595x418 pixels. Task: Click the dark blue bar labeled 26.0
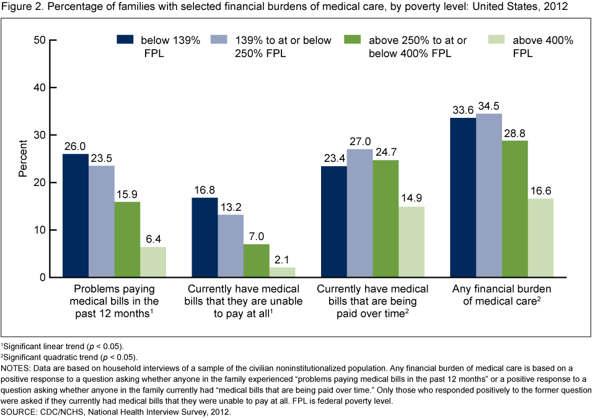(x=75, y=215)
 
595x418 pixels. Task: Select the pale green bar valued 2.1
(x=282, y=272)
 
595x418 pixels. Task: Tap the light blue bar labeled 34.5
(x=489, y=195)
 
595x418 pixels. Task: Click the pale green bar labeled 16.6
(x=541, y=238)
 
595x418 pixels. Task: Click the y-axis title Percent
(x=24, y=159)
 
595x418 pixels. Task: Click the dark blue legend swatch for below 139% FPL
(x=126, y=40)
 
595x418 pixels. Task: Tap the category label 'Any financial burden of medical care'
(x=502, y=295)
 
